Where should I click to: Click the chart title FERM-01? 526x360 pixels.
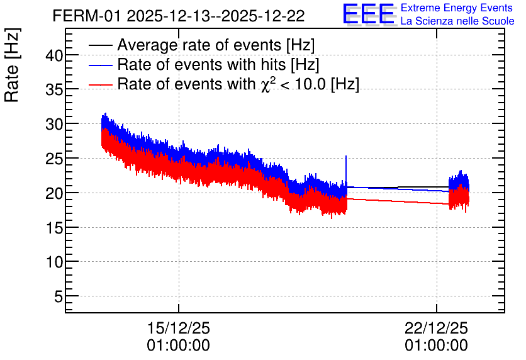click(86, 16)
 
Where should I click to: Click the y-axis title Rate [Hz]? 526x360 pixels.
click(12, 65)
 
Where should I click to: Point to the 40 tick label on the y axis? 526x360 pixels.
click(54, 55)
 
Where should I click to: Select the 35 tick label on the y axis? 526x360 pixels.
click(54, 89)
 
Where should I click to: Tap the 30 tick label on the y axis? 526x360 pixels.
click(54, 125)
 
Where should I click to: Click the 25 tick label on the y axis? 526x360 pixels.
click(54, 159)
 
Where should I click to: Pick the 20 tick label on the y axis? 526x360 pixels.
click(54, 194)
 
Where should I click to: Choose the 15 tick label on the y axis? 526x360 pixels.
click(54, 228)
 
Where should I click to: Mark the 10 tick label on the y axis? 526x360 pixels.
click(54, 262)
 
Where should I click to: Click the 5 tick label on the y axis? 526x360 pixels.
click(59, 297)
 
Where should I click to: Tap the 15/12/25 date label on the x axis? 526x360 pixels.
click(179, 328)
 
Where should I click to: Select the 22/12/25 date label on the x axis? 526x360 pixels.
click(436, 328)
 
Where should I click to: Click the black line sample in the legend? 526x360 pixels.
click(100, 45)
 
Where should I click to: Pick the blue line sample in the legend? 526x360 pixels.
click(100, 65)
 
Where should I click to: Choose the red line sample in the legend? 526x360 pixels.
click(100, 84)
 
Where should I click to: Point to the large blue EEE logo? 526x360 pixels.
click(369, 14)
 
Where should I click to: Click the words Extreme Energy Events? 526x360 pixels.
click(457, 8)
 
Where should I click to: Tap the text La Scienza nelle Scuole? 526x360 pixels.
click(457, 21)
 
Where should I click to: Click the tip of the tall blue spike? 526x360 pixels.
click(346, 156)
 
